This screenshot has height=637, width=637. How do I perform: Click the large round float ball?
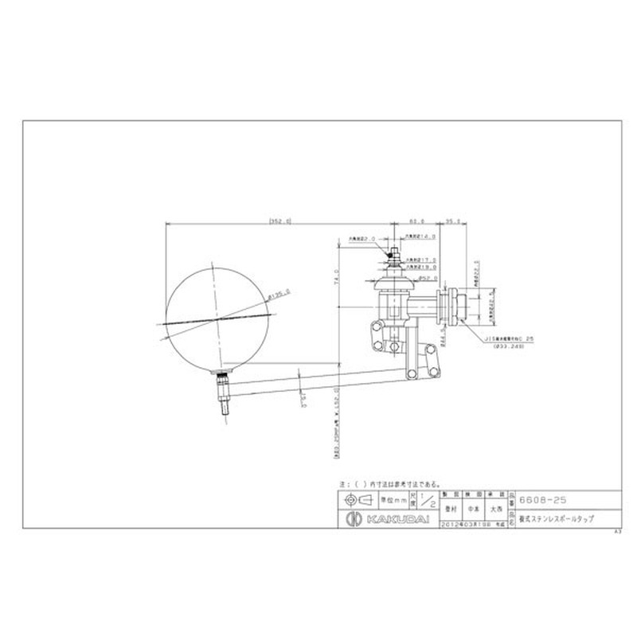click(x=215, y=315)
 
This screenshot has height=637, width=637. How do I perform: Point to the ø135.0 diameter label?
click(x=279, y=296)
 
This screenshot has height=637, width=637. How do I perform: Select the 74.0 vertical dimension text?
click(x=336, y=275)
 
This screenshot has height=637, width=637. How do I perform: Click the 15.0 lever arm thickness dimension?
click(x=303, y=401)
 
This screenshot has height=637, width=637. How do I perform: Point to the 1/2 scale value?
click(x=432, y=501)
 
